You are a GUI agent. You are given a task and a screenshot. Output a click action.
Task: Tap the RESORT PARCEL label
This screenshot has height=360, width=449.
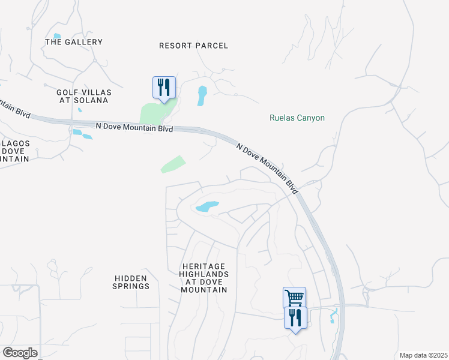pos(194,46)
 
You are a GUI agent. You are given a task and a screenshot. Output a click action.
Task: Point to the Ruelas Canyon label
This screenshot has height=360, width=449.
pos(297,118)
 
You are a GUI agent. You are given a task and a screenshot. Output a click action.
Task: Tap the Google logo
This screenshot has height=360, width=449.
pos(20,353)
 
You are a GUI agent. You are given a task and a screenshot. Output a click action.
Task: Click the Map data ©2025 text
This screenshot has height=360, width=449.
pos(423,355)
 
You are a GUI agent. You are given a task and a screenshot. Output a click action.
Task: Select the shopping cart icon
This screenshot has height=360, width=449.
pos(294,297)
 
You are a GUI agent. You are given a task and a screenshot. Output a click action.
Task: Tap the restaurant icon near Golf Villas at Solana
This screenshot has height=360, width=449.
pos(164,87)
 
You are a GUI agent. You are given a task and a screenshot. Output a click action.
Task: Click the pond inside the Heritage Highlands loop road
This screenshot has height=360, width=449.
pos(206,206)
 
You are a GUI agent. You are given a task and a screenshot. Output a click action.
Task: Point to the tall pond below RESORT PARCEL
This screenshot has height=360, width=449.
pos(202,95)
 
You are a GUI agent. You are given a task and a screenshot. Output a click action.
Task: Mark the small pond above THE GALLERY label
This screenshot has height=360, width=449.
pos(57,36)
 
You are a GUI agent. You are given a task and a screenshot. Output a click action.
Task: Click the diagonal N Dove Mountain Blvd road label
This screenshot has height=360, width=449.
pos(267,168)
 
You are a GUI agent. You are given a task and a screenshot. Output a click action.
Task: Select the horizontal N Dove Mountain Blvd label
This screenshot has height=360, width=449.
pos(134,127)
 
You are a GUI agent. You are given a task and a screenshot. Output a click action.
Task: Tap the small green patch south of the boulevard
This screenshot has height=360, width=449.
pos(173,164)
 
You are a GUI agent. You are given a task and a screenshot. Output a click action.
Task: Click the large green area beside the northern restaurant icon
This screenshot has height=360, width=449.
pos(154,112)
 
